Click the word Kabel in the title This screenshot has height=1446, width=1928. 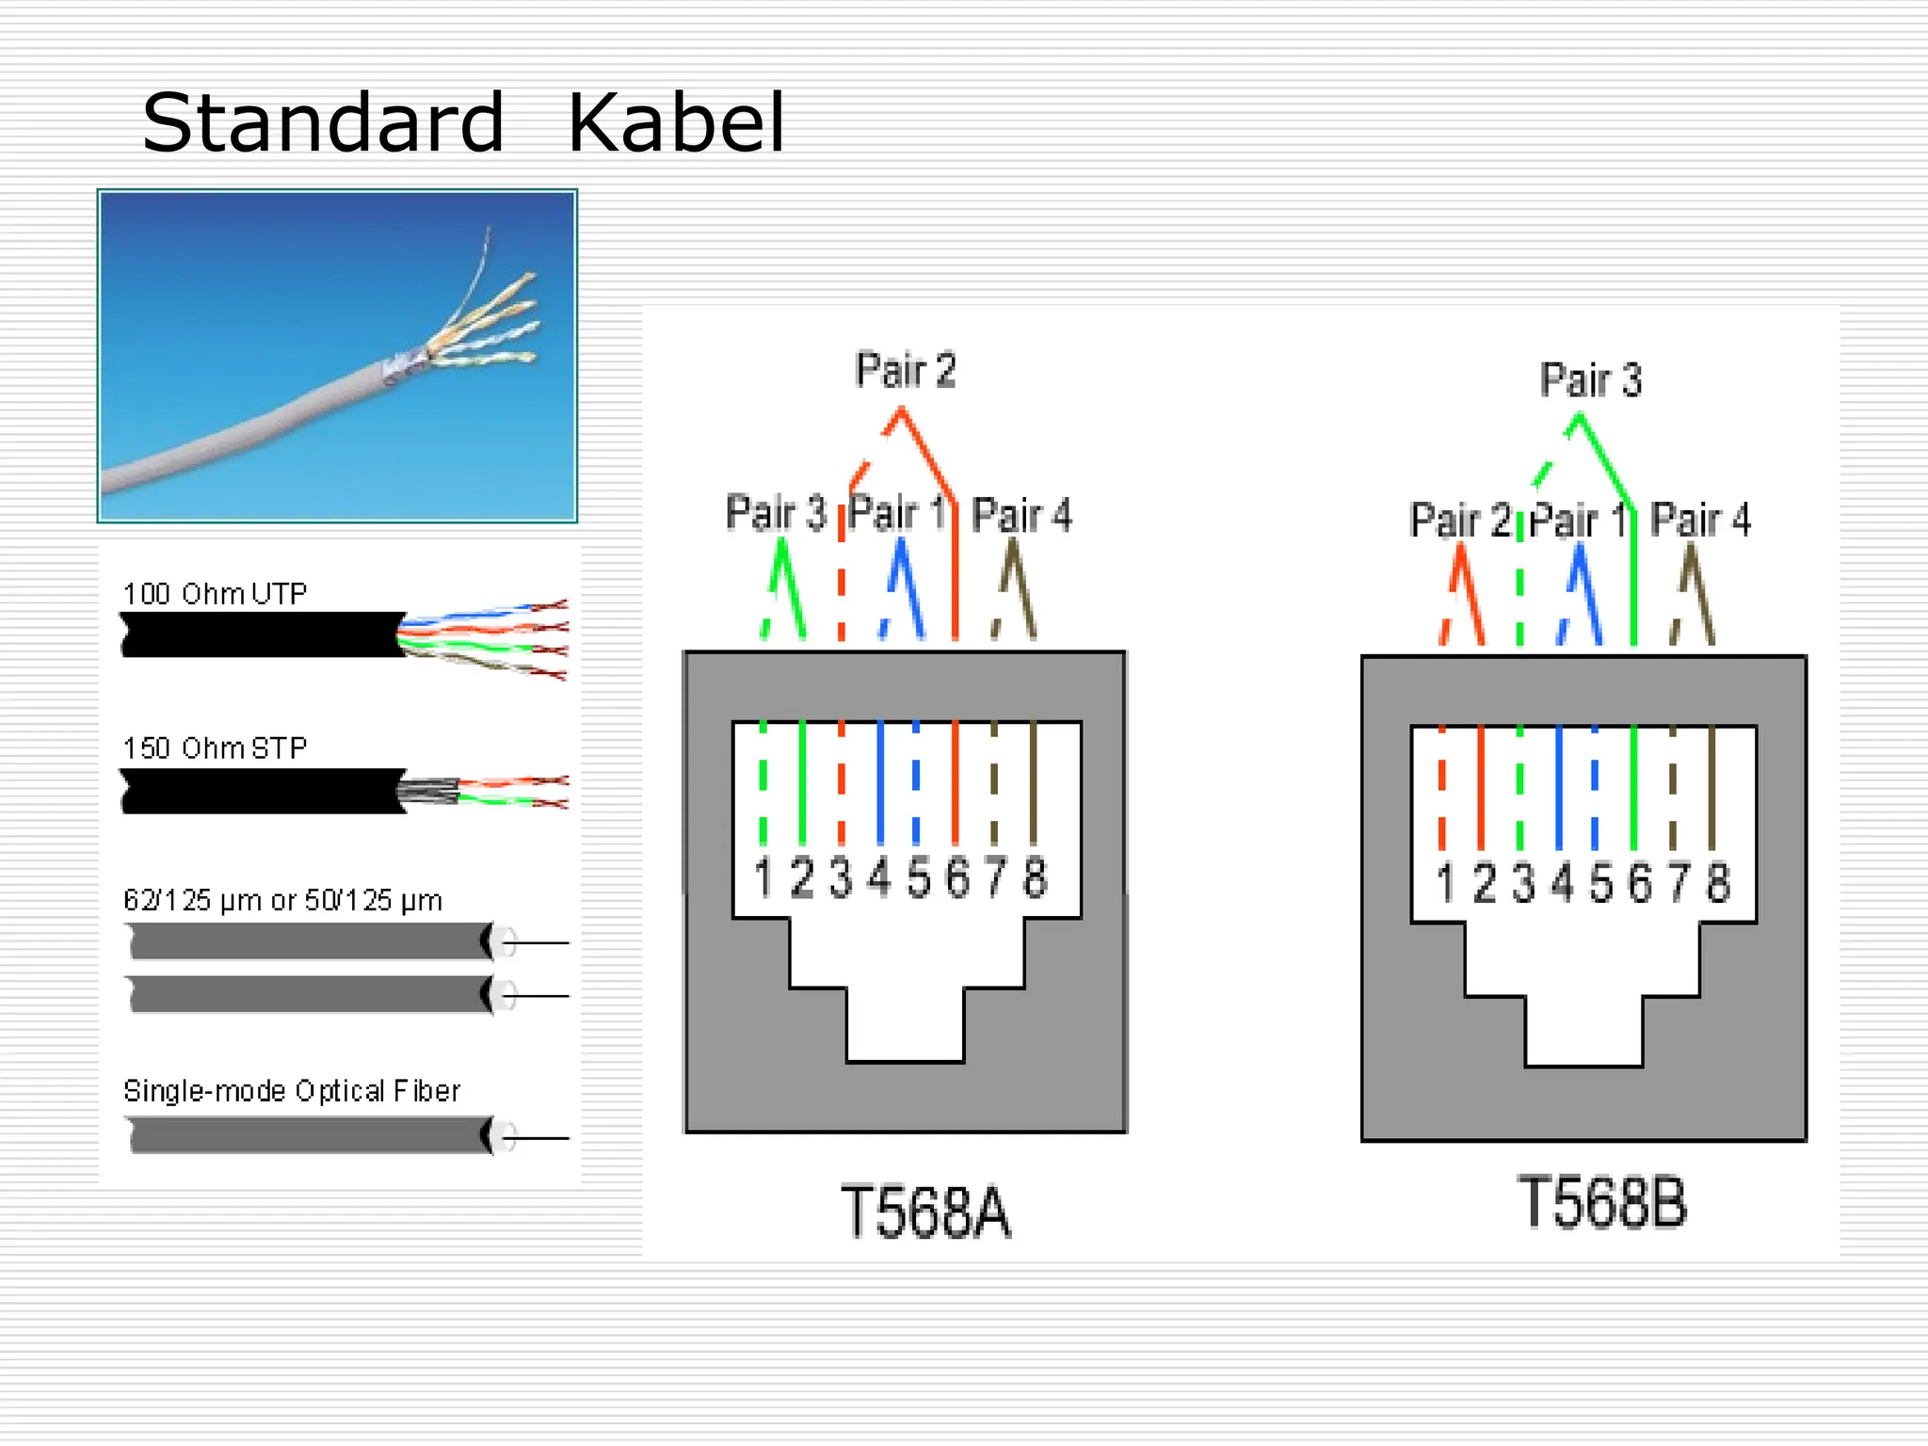click(676, 123)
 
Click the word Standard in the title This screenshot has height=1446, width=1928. click(323, 123)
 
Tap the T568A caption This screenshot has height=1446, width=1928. click(925, 1213)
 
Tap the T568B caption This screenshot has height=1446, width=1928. click(1602, 1203)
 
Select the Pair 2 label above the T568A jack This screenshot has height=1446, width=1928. click(906, 370)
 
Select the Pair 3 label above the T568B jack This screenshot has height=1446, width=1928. click(1591, 380)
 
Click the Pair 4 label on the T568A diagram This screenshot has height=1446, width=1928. click(1021, 515)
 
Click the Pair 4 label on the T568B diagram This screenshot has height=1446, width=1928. click(1700, 520)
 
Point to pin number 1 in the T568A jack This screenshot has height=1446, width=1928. click(763, 877)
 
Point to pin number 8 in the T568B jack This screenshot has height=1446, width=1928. click(1718, 883)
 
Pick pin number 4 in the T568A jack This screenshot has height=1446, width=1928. click(878, 877)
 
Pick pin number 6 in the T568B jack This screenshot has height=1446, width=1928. click(1640, 883)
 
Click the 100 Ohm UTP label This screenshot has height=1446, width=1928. click(215, 594)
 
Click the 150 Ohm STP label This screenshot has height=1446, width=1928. click(215, 748)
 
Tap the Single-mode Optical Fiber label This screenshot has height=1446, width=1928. click(292, 1091)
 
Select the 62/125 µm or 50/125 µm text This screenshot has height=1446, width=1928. click(282, 901)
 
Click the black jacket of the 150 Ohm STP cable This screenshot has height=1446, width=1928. click(264, 791)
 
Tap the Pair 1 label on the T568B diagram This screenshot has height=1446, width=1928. click(1578, 520)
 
